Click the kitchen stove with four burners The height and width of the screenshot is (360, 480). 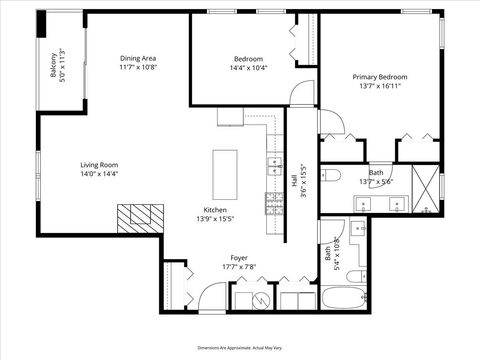click(x=273, y=203)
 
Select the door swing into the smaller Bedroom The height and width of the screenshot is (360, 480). click(x=299, y=95)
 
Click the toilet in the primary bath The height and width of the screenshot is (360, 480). click(x=334, y=177)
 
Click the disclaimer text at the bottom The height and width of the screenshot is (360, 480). click(x=240, y=346)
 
